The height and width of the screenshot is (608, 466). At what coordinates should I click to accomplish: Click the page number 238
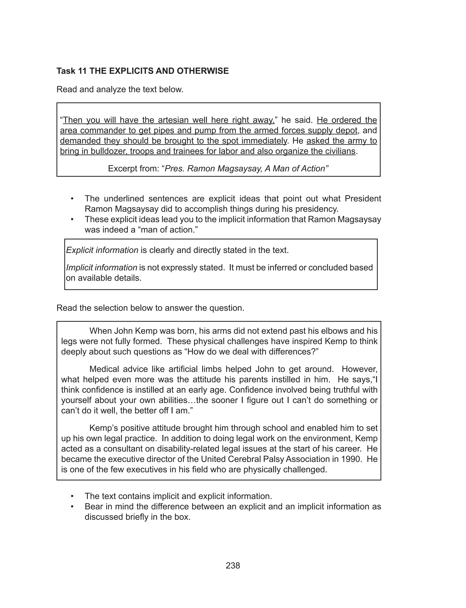pos(233,565)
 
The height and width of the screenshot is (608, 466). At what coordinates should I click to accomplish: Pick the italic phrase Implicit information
pos(101,268)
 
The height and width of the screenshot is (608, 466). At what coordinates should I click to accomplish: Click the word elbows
pos(346,331)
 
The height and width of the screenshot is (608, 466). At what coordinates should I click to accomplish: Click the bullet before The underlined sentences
pos(72,199)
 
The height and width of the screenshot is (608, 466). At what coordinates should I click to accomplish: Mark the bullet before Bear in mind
pos(72,507)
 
